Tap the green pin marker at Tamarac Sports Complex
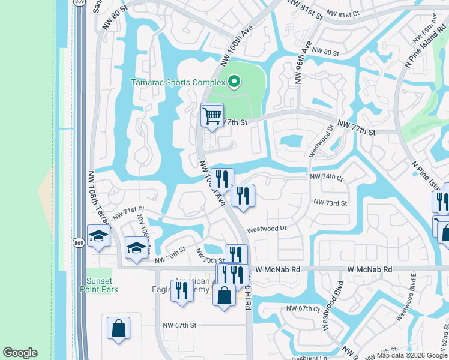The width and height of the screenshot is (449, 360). (234, 80)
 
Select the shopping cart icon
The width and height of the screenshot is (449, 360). (212, 115)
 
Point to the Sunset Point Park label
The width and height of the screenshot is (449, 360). (98, 285)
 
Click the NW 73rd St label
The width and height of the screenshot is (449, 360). (330, 203)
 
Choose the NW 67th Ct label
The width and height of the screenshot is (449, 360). (300, 309)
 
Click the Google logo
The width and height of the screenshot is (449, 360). (20, 353)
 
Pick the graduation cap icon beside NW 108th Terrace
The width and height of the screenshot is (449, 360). (98, 236)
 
